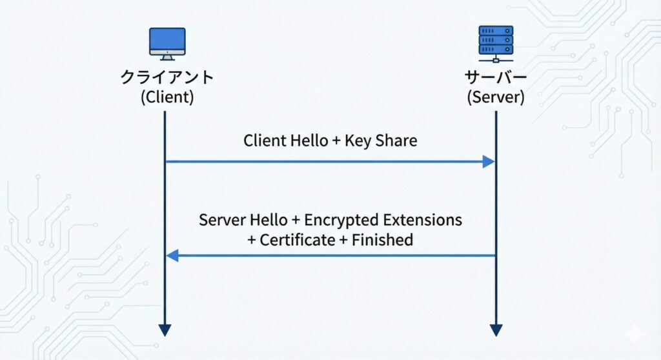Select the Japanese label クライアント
click(167, 78)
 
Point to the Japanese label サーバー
click(495, 78)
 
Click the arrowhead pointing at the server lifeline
click(488, 161)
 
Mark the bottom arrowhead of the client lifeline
click(165, 330)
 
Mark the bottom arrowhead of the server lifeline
click(496, 330)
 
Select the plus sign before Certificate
click(252, 241)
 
